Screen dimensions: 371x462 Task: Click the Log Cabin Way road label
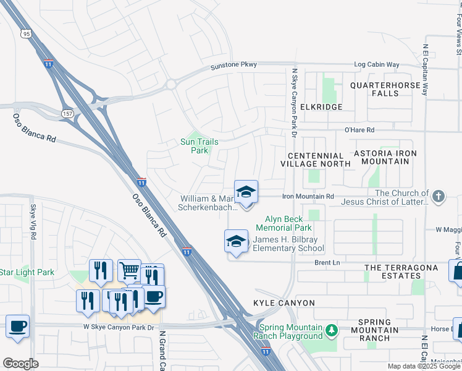tap(376, 64)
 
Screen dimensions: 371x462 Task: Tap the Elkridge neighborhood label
tap(321, 107)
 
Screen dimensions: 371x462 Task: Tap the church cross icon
tap(438, 197)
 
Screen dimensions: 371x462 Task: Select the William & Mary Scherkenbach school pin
tap(246, 192)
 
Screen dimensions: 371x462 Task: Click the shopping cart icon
tap(128, 270)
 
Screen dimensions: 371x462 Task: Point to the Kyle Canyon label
tap(284, 303)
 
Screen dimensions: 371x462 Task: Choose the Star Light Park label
tap(27, 272)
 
